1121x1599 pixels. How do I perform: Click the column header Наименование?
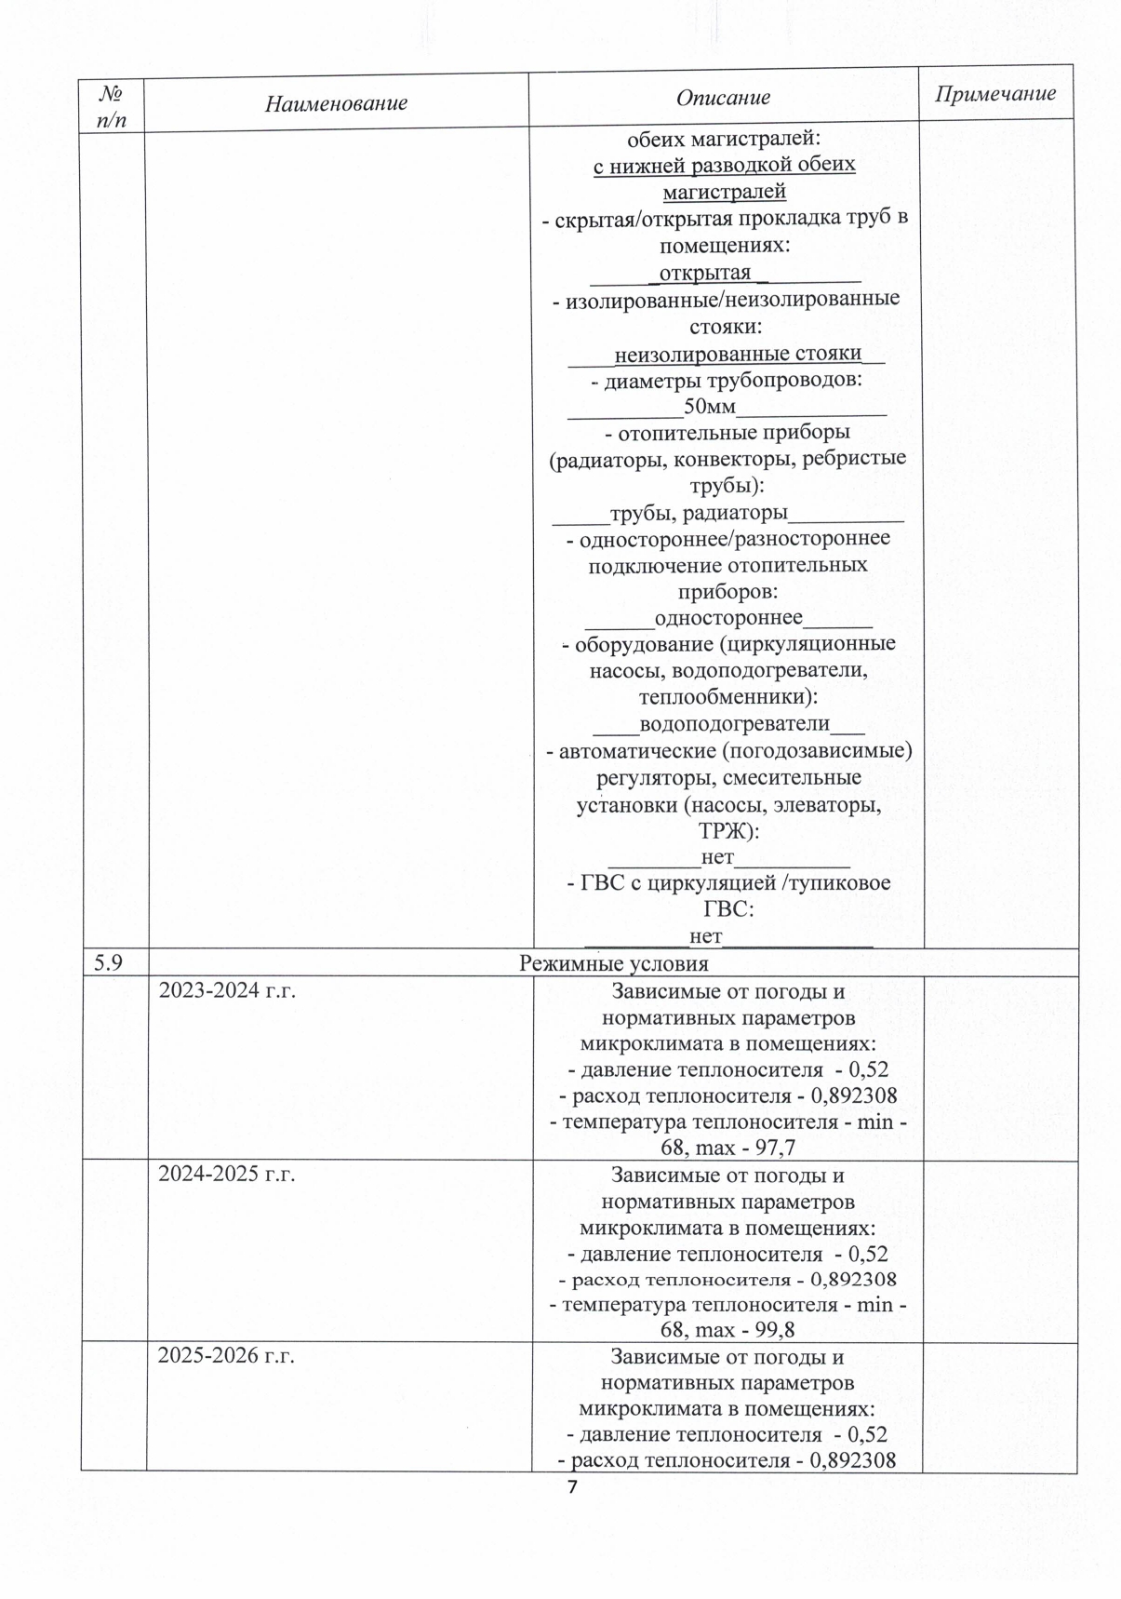[336, 102]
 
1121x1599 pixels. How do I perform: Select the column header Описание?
[723, 98]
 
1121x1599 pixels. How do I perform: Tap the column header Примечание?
[995, 94]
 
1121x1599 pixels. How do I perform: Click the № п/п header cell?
[111, 106]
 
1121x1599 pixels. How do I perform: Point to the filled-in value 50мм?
[709, 408]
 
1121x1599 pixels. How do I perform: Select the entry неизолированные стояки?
[738, 354]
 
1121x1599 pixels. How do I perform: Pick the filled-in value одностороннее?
[728, 618]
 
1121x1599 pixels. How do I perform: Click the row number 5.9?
[108, 963]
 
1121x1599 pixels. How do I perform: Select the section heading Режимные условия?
[613, 963]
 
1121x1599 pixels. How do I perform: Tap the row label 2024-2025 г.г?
[227, 1175]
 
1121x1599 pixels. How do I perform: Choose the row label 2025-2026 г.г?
[226, 1355]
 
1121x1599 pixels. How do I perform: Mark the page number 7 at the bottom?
[572, 1486]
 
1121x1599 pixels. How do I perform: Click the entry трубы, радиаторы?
[699, 513]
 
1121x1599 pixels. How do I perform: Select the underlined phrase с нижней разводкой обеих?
[724, 167]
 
